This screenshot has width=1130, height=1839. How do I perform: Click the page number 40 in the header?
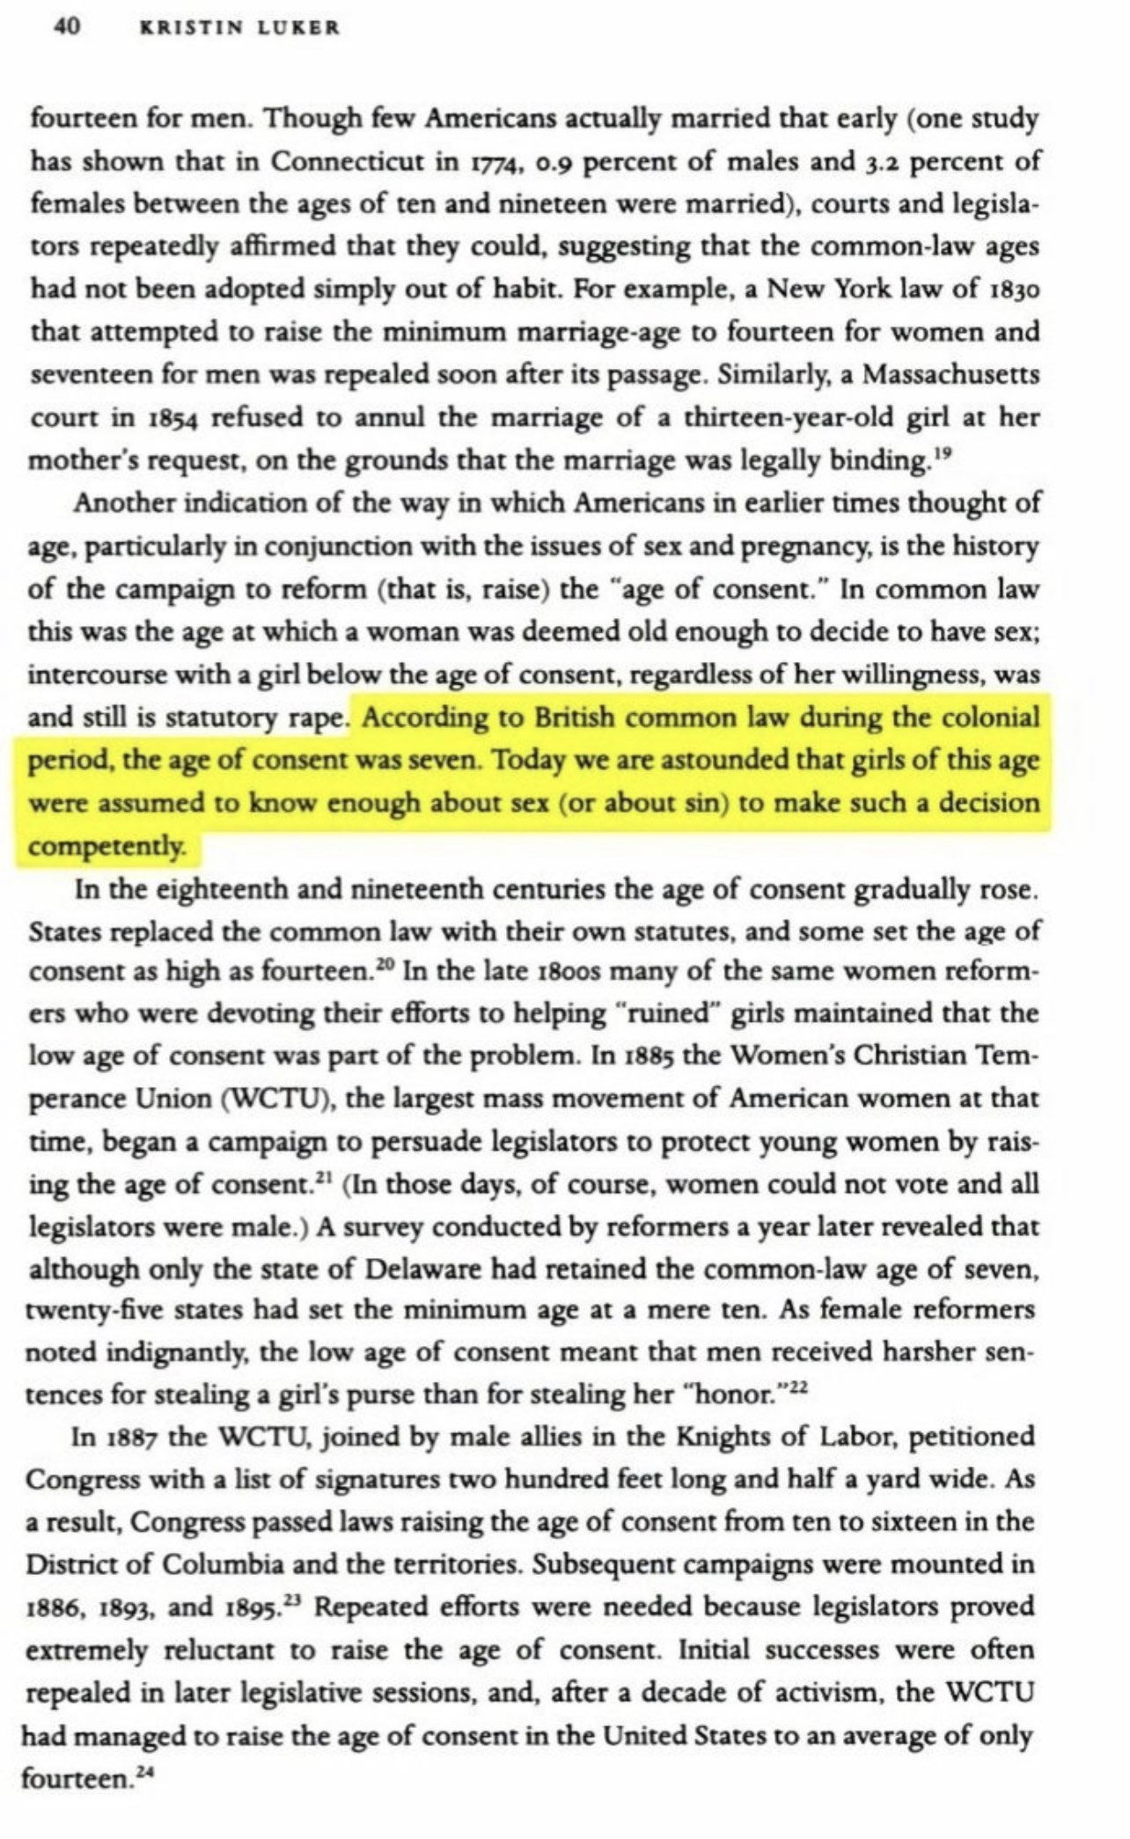point(67,27)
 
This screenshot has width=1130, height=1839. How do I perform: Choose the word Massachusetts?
point(950,375)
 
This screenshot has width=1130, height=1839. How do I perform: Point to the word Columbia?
point(213,1568)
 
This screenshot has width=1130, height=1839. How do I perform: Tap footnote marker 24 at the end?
point(138,1774)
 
